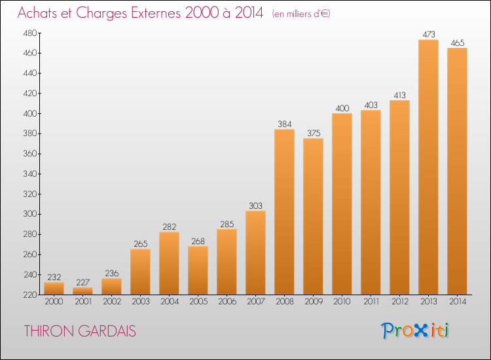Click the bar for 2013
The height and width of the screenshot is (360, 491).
click(428, 167)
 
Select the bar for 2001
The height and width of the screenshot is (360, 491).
click(82, 291)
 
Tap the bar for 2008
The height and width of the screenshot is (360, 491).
click(284, 212)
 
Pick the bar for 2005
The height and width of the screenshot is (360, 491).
click(198, 270)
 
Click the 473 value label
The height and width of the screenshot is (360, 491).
click(429, 35)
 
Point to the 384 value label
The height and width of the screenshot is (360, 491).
click(285, 124)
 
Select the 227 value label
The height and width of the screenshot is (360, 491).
click(83, 282)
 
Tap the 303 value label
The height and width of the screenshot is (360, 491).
click(255, 206)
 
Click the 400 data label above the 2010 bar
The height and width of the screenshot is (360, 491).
click(342, 108)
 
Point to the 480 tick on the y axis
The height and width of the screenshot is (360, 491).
click(29, 33)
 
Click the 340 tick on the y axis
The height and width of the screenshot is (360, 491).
click(29, 173)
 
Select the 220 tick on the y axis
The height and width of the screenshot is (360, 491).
click(29, 295)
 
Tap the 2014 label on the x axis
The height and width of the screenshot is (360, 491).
click(458, 302)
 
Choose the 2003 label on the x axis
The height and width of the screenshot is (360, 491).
click(141, 302)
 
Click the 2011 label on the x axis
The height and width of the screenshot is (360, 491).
click(371, 302)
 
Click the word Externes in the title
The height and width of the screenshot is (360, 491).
click(156, 13)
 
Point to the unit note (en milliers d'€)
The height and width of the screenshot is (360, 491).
click(301, 14)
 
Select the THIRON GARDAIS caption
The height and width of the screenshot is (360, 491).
click(80, 331)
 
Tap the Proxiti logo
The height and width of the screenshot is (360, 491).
click(415, 331)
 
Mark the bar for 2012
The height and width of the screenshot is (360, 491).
click(399, 197)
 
